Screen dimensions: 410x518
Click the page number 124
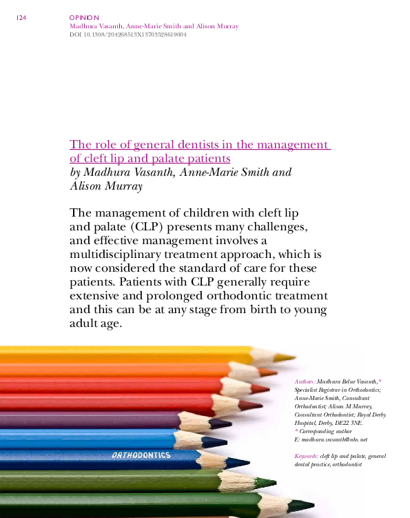coord(20,18)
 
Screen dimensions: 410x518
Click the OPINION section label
coord(85,17)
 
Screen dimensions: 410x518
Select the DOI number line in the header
coord(128,34)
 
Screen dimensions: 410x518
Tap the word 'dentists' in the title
coord(201,145)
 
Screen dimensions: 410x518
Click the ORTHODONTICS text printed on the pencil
coord(141,456)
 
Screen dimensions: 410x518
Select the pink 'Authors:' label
coord(305,381)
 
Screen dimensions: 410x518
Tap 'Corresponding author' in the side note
coord(327,431)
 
